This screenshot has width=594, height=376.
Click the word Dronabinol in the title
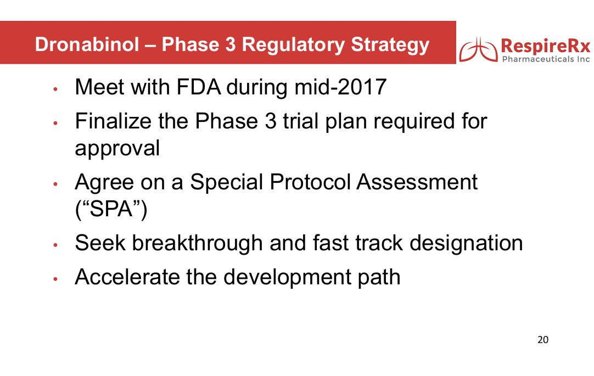pos(87,44)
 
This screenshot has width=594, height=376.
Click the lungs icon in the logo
pos(478,50)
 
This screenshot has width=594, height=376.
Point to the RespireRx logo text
pos(546,46)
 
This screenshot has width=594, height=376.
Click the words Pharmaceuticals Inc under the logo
pos(546,59)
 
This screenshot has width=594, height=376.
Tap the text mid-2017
pos(340,87)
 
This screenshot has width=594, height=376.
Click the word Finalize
pos(113,121)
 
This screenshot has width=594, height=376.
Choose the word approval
pos(117,148)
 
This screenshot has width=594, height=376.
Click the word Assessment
pos(417,182)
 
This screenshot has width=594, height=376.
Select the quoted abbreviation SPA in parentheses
pos(111,209)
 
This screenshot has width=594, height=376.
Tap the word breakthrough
pos(197,243)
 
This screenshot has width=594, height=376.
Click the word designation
pos(466,244)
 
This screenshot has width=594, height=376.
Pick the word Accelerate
pos(127,277)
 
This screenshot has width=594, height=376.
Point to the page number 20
pos(543,340)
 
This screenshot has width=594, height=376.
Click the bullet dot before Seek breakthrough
pos(55,245)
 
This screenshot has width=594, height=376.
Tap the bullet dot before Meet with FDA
pos(55,89)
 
